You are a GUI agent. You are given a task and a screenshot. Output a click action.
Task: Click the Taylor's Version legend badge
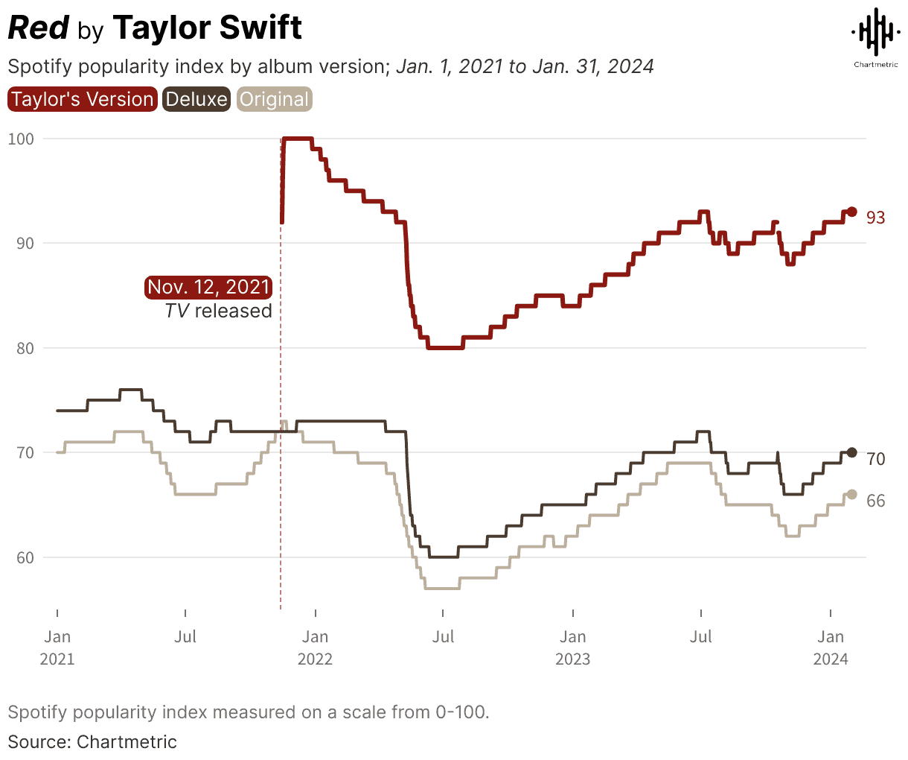click(x=82, y=100)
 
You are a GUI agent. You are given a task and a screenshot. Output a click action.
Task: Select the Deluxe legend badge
click(x=196, y=100)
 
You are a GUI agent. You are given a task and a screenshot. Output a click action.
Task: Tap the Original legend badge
click(x=274, y=100)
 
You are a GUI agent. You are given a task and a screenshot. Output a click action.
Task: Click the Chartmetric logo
click(x=875, y=37)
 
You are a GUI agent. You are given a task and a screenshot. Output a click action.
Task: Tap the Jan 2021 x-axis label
click(x=57, y=647)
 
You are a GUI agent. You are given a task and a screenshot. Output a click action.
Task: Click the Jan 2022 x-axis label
click(x=315, y=647)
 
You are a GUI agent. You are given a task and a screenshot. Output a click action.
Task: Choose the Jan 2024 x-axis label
click(x=831, y=647)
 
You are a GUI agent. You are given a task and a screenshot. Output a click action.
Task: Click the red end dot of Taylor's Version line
click(x=852, y=212)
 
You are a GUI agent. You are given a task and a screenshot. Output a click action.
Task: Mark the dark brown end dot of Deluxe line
click(x=852, y=452)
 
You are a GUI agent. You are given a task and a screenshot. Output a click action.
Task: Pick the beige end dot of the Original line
click(x=852, y=494)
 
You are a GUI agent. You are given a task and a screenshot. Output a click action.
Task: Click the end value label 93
click(x=876, y=218)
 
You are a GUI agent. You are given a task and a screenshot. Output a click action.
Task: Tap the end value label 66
click(x=876, y=501)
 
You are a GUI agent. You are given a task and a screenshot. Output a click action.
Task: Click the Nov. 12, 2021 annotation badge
click(x=208, y=288)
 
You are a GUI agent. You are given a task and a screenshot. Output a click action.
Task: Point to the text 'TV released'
click(x=218, y=311)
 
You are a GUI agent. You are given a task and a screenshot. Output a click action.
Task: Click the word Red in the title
click(x=39, y=28)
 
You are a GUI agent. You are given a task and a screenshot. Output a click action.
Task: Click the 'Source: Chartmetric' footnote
click(x=92, y=742)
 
